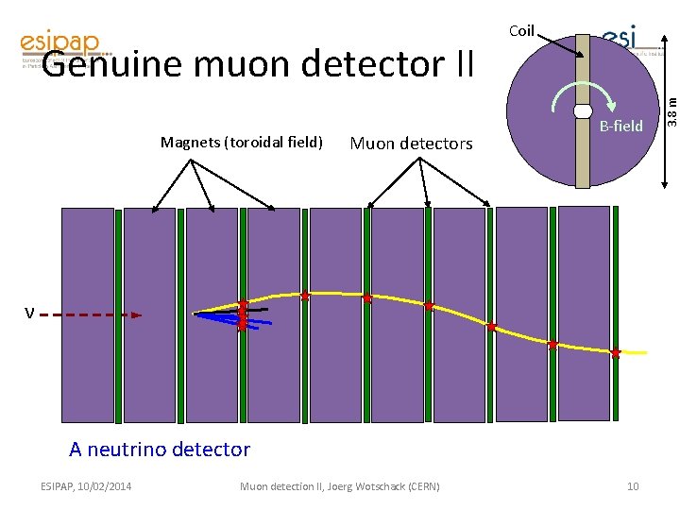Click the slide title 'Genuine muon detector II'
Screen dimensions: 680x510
click(257, 64)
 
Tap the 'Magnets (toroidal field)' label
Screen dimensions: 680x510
click(242, 143)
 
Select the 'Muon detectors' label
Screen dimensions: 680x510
click(411, 144)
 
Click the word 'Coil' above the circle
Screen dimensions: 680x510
click(521, 31)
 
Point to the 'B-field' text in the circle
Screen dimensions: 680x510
click(621, 126)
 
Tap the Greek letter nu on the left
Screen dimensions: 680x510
click(30, 314)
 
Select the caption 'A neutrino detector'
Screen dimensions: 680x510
click(160, 450)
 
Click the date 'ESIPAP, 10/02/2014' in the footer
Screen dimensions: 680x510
click(87, 486)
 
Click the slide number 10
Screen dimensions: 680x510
click(633, 486)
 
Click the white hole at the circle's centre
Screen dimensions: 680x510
click(583, 111)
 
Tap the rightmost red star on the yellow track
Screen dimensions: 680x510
click(616, 353)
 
